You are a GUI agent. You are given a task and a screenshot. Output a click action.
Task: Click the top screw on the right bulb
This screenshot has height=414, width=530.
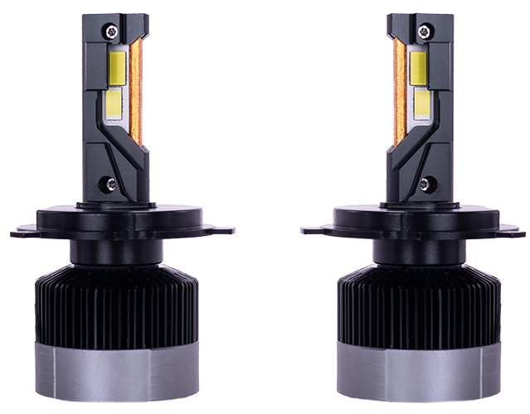(x=424, y=31)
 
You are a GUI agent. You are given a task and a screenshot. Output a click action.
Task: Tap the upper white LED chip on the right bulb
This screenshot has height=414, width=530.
(x=417, y=65)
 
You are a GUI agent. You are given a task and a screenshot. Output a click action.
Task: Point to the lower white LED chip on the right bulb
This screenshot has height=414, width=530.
(x=419, y=103)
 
